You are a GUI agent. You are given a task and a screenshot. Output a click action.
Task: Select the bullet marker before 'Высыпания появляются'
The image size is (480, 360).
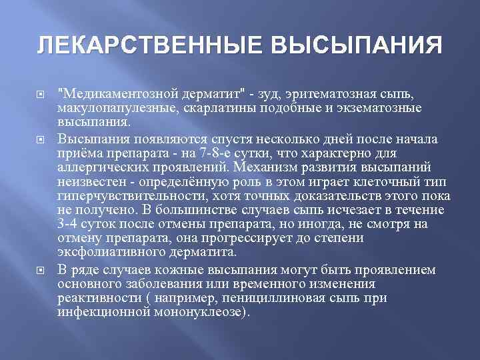coord(46,139)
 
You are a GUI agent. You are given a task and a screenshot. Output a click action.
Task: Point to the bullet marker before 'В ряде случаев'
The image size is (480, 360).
coord(46,270)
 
